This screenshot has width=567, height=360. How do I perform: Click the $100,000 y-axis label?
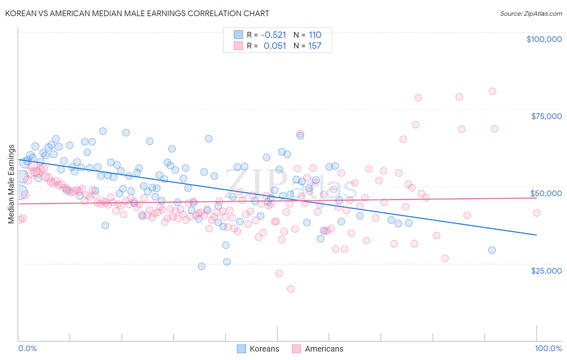(544, 39)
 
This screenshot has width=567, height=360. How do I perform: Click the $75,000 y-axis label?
(546, 116)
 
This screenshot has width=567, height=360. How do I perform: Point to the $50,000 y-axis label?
(546, 193)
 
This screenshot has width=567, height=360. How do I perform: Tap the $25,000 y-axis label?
(546, 271)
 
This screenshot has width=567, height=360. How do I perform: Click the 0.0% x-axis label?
(28, 348)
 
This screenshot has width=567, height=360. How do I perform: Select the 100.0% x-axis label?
(548, 348)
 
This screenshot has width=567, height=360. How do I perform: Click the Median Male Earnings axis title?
(11, 184)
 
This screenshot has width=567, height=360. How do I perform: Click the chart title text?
(137, 13)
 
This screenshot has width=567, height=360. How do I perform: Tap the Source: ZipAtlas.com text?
(531, 13)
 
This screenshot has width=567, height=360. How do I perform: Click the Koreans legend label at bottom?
(264, 349)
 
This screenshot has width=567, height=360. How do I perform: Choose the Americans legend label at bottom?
(324, 349)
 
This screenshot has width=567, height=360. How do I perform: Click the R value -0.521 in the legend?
(273, 35)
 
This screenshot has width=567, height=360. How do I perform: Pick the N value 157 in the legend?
(315, 46)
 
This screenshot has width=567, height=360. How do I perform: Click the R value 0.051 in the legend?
(275, 46)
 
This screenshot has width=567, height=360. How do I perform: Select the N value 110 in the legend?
(315, 35)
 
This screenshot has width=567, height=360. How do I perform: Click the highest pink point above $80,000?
(492, 91)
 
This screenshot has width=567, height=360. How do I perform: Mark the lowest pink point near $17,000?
(291, 289)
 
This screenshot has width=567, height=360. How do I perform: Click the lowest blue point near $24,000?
(202, 266)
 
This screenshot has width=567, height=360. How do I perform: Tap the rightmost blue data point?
(492, 250)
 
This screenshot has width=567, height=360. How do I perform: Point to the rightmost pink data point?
(537, 213)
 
